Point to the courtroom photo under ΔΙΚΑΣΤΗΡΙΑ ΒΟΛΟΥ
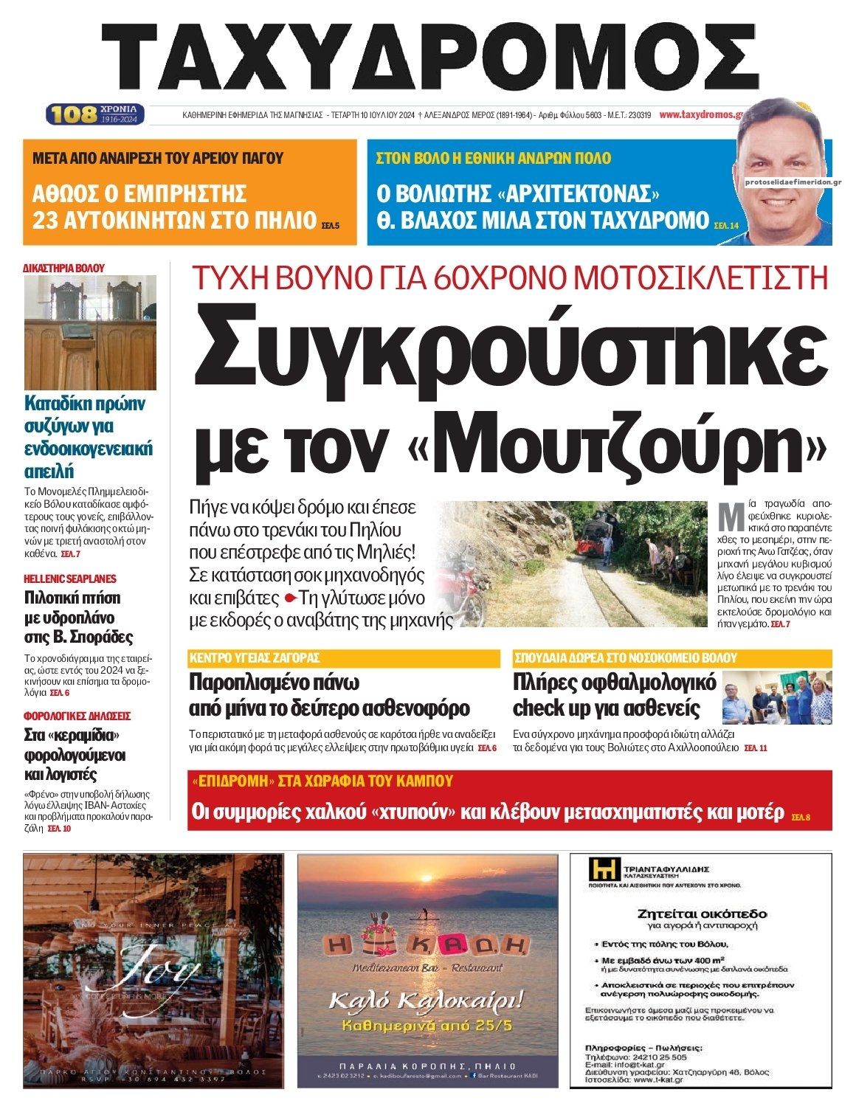click(90, 332)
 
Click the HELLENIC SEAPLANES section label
click(70, 579)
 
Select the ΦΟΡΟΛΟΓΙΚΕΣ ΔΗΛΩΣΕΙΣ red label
click(77, 716)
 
